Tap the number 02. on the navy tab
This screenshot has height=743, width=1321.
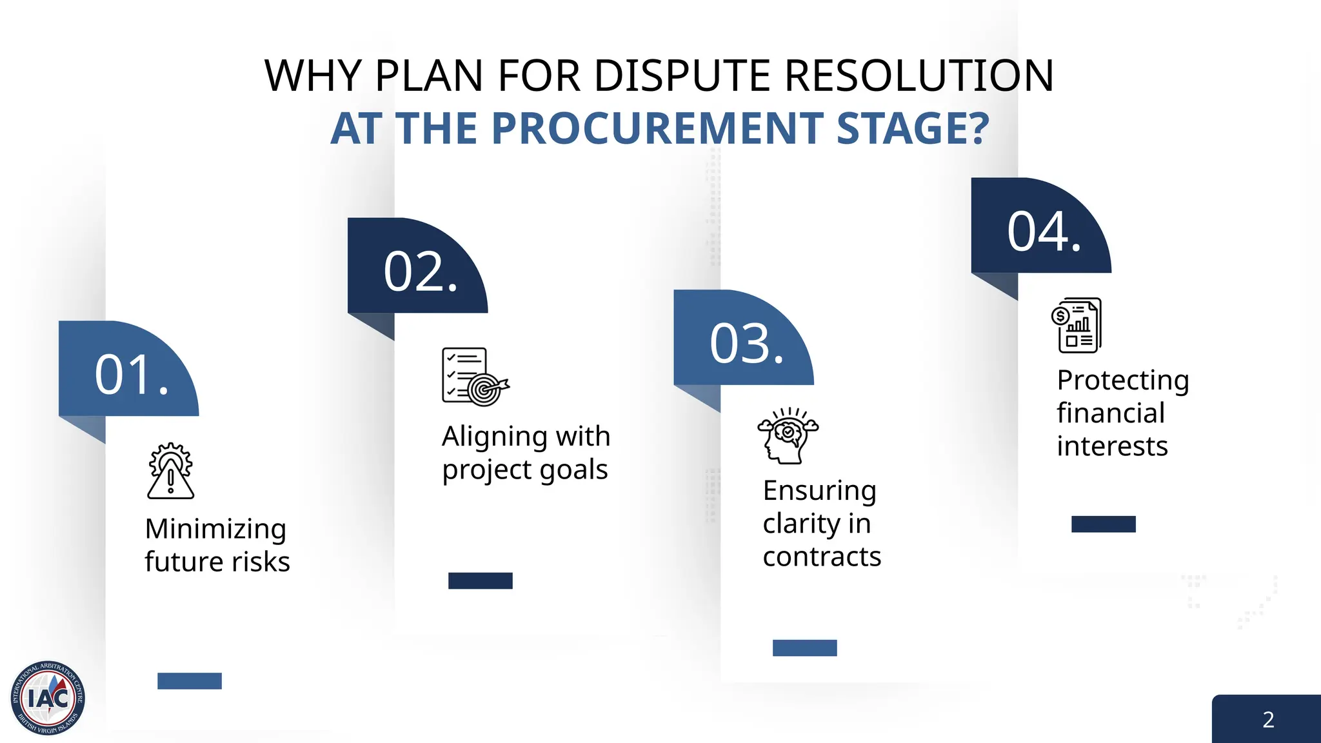[x=421, y=272]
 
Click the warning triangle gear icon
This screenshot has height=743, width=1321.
[x=170, y=471]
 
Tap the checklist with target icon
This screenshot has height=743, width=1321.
[x=475, y=377]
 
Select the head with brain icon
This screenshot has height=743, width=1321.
[x=787, y=435]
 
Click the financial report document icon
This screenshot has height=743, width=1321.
[x=1077, y=325]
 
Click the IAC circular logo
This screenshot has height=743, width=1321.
[x=48, y=698]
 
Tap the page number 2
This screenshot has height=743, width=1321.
[x=1268, y=720]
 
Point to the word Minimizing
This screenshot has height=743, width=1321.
[x=215, y=530]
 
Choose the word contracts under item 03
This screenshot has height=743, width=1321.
[x=822, y=557]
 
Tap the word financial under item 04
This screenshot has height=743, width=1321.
[x=1111, y=413]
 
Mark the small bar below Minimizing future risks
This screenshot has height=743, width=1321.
[x=190, y=681]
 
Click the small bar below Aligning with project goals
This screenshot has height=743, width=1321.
[x=481, y=580]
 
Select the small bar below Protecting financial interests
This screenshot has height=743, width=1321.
[x=1103, y=524]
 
